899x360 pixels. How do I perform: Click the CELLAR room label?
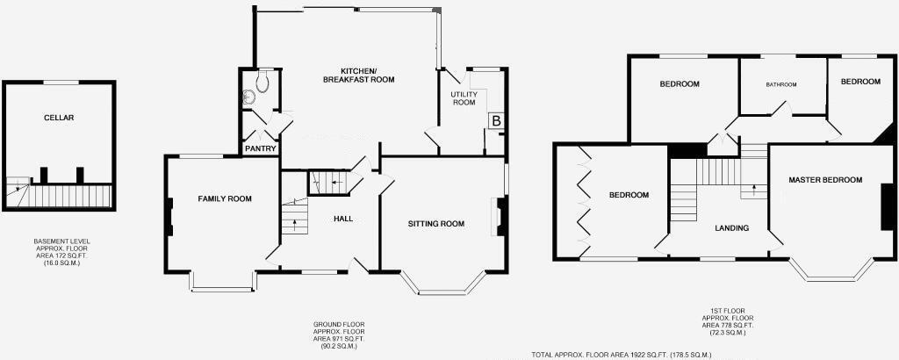[x=60, y=118]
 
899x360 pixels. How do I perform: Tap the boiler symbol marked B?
[x=496, y=121]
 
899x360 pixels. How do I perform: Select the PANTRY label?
[x=261, y=148]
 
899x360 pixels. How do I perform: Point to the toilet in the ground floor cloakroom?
[x=261, y=83]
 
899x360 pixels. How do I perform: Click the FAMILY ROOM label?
[x=224, y=199]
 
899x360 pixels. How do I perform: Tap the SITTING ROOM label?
[x=435, y=224]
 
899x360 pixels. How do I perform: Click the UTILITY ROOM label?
[x=463, y=98]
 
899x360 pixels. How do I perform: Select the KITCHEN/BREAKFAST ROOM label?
[x=358, y=75]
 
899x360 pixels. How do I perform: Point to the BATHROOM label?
[x=780, y=85]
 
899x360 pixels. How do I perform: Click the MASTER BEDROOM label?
[x=825, y=180]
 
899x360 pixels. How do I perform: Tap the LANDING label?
[x=731, y=228]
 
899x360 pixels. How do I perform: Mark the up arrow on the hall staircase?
[x=294, y=222]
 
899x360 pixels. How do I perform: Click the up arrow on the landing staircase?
[x=753, y=189]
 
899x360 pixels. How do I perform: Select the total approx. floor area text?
[x=621, y=355]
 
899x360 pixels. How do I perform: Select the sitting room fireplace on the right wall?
[x=501, y=216]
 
